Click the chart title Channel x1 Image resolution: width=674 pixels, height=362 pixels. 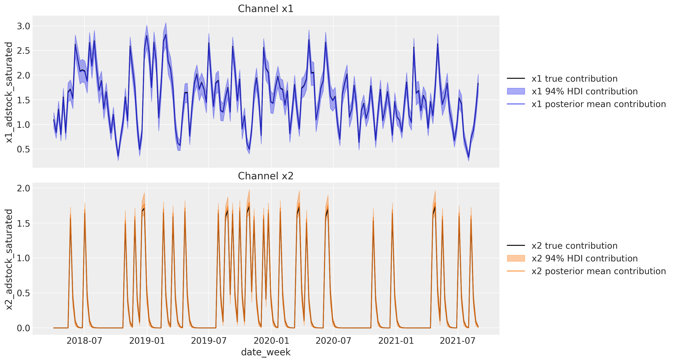click(266, 9)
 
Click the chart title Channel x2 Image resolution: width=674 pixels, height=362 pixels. click(266, 176)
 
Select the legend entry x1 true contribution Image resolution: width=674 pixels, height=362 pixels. click(574, 79)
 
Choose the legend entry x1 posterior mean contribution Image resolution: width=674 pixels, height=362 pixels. click(599, 104)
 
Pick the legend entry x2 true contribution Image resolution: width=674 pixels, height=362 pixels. click(574, 246)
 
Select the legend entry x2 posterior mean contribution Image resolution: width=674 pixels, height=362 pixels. click(599, 271)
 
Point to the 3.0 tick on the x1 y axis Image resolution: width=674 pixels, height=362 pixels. click(24, 26)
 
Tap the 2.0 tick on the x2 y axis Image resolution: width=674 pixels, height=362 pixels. click(24, 188)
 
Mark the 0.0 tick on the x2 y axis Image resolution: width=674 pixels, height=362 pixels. click(24, 328)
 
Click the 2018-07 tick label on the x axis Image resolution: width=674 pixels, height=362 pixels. click(85, 341)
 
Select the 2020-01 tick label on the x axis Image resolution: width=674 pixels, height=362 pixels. click(271, 341)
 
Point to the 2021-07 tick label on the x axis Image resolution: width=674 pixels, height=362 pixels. click(458, 341)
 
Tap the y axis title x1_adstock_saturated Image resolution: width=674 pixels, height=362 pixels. click(9, 92)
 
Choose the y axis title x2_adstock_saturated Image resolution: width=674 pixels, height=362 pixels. click(9, 259)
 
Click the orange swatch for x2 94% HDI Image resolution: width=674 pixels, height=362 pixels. click(516, 258)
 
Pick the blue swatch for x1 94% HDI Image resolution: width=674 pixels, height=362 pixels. click(516, 91)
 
